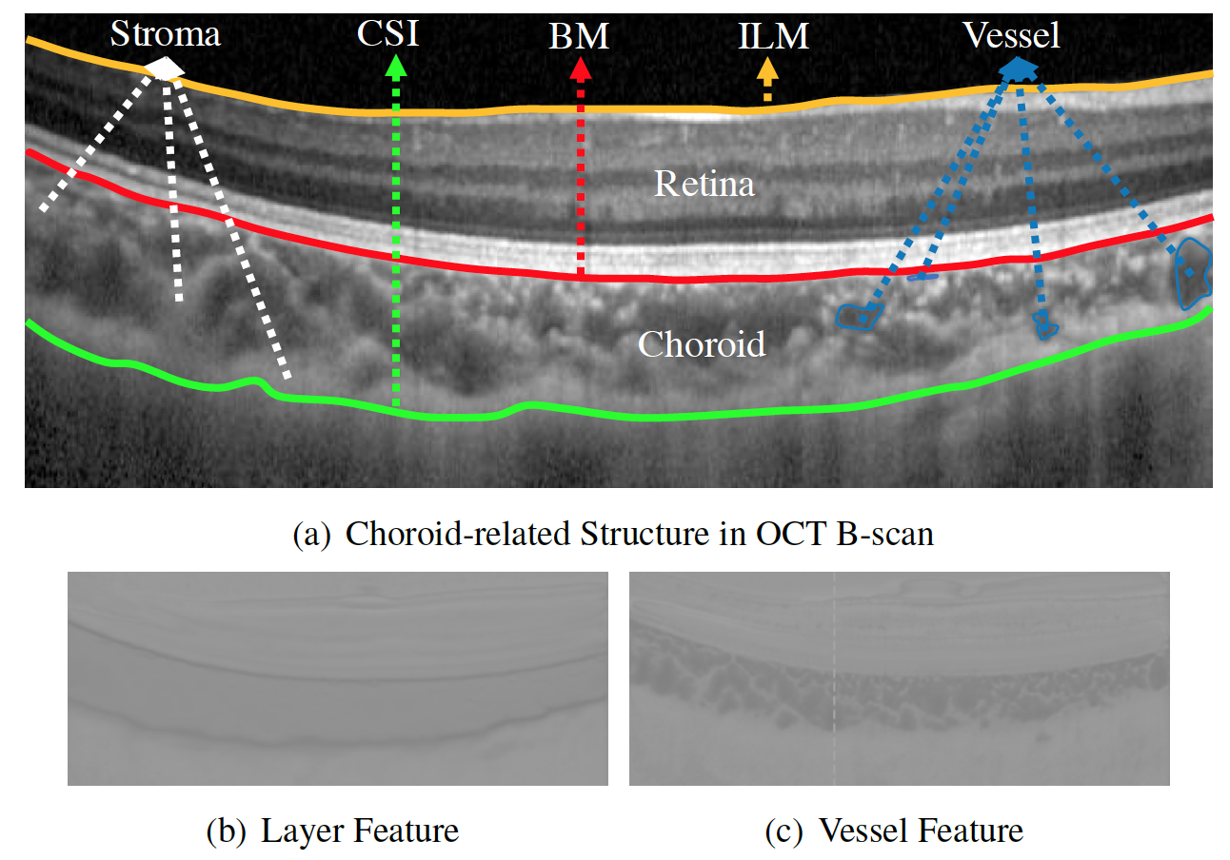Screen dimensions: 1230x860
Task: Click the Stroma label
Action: coord(166,34)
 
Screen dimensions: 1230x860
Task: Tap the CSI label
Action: coord(387,33)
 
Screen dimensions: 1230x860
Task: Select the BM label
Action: coord(579,36)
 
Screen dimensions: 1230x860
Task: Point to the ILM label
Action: coord(773,36)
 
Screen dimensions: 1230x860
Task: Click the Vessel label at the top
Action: coord(1011,35)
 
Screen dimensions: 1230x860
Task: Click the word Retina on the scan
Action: coord(704,184)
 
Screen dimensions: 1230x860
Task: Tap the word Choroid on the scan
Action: coord(702,344)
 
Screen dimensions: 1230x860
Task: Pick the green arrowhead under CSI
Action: coord(396,66)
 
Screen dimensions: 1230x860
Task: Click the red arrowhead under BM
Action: coord(581,68)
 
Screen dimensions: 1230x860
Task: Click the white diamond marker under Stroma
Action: coord(164,69)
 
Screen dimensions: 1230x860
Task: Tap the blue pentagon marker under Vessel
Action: coord(1019,70)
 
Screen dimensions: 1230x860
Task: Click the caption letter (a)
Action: coord(312,534)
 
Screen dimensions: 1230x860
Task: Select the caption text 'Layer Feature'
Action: coord(360,831)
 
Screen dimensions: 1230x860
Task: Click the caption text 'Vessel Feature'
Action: coord(921,831)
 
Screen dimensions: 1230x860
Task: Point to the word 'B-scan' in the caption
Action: coord(884,534)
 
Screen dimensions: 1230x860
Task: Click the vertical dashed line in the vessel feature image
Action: coord(834,679)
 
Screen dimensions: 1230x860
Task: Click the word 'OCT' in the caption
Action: coord(790,534)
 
